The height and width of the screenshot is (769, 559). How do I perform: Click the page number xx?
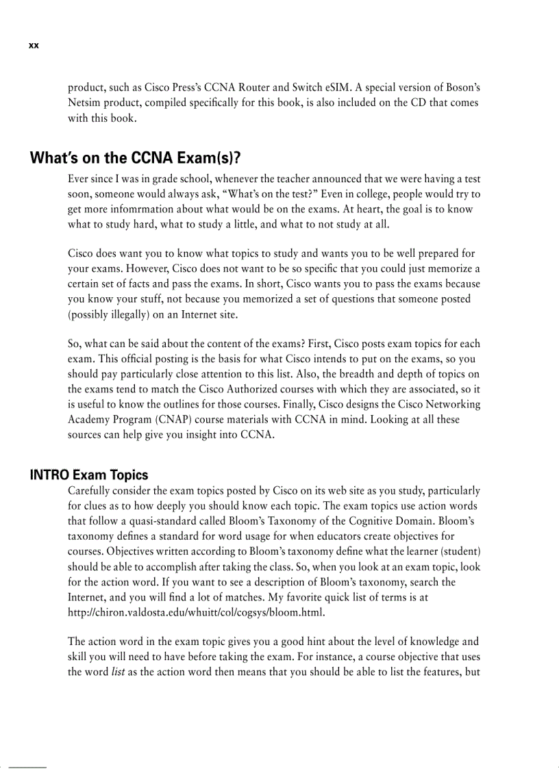pyautogui.click(x=34, y=46)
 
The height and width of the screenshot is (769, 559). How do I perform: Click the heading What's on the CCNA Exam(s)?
pyautogui.click(x=135, y=159)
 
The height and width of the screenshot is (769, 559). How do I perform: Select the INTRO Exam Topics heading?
pyautogui.click(x=89, y=475)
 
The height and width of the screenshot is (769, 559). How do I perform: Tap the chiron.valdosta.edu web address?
pyautogui.click(x=196, y=612)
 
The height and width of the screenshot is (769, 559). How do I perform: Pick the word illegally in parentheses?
pyautogui.click(x=126, y=314)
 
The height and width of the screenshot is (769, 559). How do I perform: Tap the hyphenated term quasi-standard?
pyautogui.click(x=163, y=522)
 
